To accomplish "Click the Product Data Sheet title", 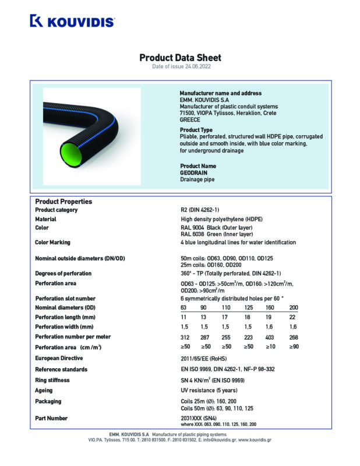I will pyautogui.click(x=180, y=58).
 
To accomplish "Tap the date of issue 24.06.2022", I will pyautogui.click(x=180, y=68).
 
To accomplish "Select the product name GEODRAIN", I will pyautogui.click(x=193, y=173).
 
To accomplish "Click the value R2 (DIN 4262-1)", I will pyautogui.click(x=200, y=210).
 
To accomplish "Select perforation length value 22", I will pyautogui.click(x=292, y=317).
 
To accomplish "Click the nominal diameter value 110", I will pyautogui.click(x=226, y=307).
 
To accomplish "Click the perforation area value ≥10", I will pyautogui.click(x=269, y=347).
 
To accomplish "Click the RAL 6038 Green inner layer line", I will pyautogui.click(x=209, y=234).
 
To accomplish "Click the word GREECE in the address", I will pyautogui.click(x=189, y=119).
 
